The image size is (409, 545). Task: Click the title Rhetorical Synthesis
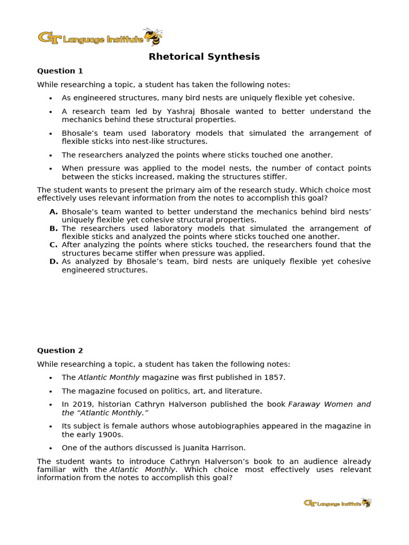click(204, 57)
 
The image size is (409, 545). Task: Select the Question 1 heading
click(60, 71)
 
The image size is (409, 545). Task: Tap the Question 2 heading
click(60, 350)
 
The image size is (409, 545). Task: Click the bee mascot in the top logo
click(154, 37)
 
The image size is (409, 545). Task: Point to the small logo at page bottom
click(337, 503)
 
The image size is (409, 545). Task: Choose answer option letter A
click(53, 212)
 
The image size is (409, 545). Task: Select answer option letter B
click(53, 228)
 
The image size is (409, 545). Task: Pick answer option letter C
click(53, 245)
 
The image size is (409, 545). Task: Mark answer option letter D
click(53, 261)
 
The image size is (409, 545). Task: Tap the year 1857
click(273, 377)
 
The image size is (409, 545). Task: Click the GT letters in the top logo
click(49, 38)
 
